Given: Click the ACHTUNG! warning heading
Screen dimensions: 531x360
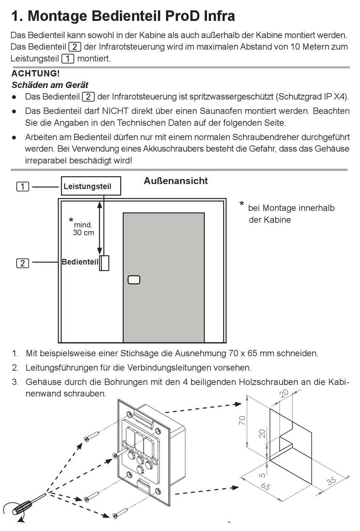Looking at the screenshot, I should tap(36, 74).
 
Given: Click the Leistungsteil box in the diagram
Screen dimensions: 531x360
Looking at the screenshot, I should tap(91, 186).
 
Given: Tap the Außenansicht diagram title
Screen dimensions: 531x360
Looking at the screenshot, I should tap(176, 181).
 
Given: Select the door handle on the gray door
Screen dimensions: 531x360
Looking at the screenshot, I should tap(134, 280).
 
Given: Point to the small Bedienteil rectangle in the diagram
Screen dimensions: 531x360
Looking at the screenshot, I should tap(104, 263).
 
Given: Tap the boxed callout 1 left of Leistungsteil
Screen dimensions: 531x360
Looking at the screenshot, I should tap(23, 186).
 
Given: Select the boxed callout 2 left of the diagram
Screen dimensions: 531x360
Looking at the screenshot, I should tap(23, 263).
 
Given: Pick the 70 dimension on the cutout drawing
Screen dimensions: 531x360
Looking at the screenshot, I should tap(242, 420).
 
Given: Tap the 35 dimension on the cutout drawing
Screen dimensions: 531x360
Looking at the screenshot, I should tap(332, 481).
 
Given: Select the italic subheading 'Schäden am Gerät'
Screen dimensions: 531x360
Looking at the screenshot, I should tap(50, 85).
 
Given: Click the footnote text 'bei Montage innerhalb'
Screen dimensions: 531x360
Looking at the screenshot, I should tap(291, 208).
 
